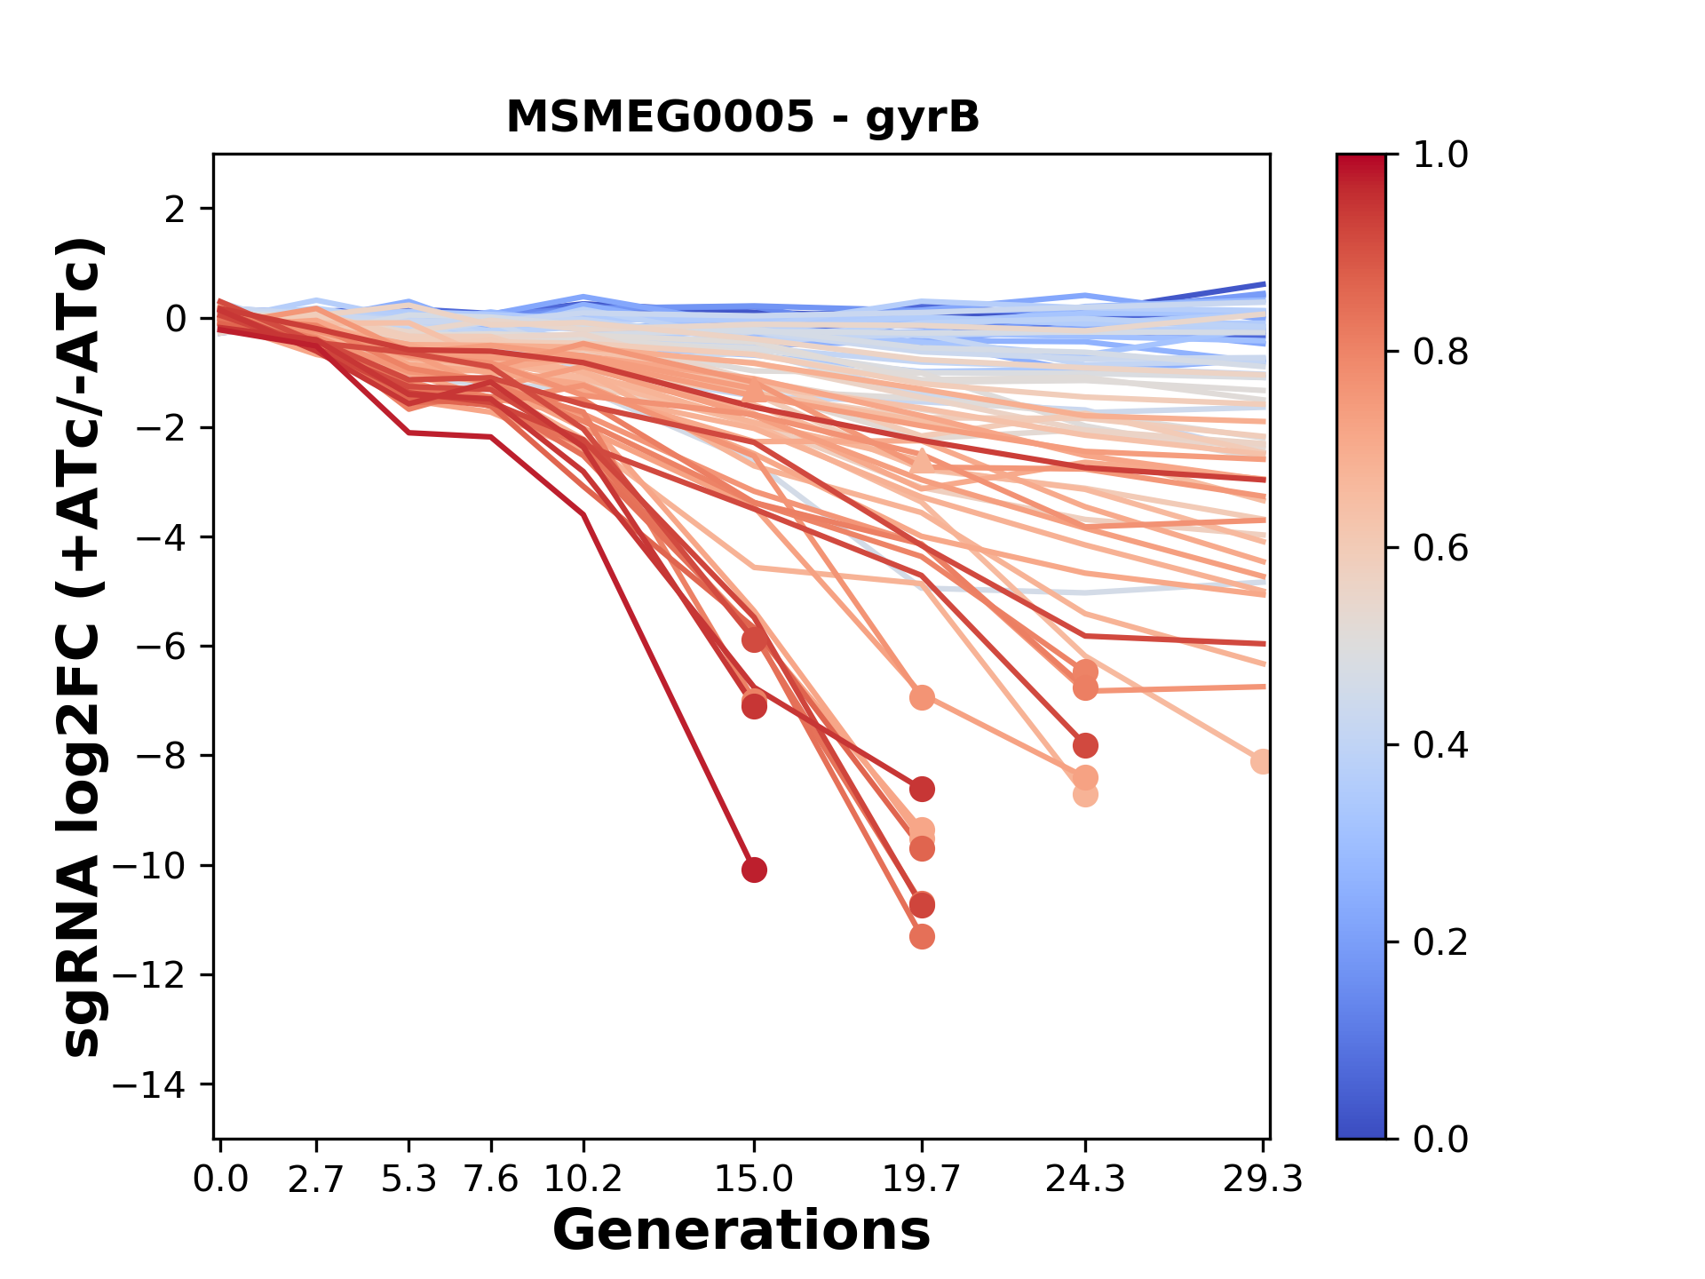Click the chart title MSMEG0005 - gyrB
click(742, 117)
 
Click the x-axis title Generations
click(741, 1230)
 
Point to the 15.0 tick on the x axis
click(754, 1180)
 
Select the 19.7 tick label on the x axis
click(922, 1180)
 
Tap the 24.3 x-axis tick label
click(1084, 1180)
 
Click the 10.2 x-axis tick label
click(583, 1180)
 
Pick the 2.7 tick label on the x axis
click(316, 1180)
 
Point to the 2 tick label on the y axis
click(176, 209)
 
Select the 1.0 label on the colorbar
click(1440, 155)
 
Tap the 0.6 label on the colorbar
click(1440, 548)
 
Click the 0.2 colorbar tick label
click(1440, 941)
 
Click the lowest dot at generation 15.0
click(754, 870)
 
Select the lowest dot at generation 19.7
click(922, 936)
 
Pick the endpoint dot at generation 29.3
click(1262, 761)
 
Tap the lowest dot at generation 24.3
click(1084, 794)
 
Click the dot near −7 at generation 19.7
click(922, 697)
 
